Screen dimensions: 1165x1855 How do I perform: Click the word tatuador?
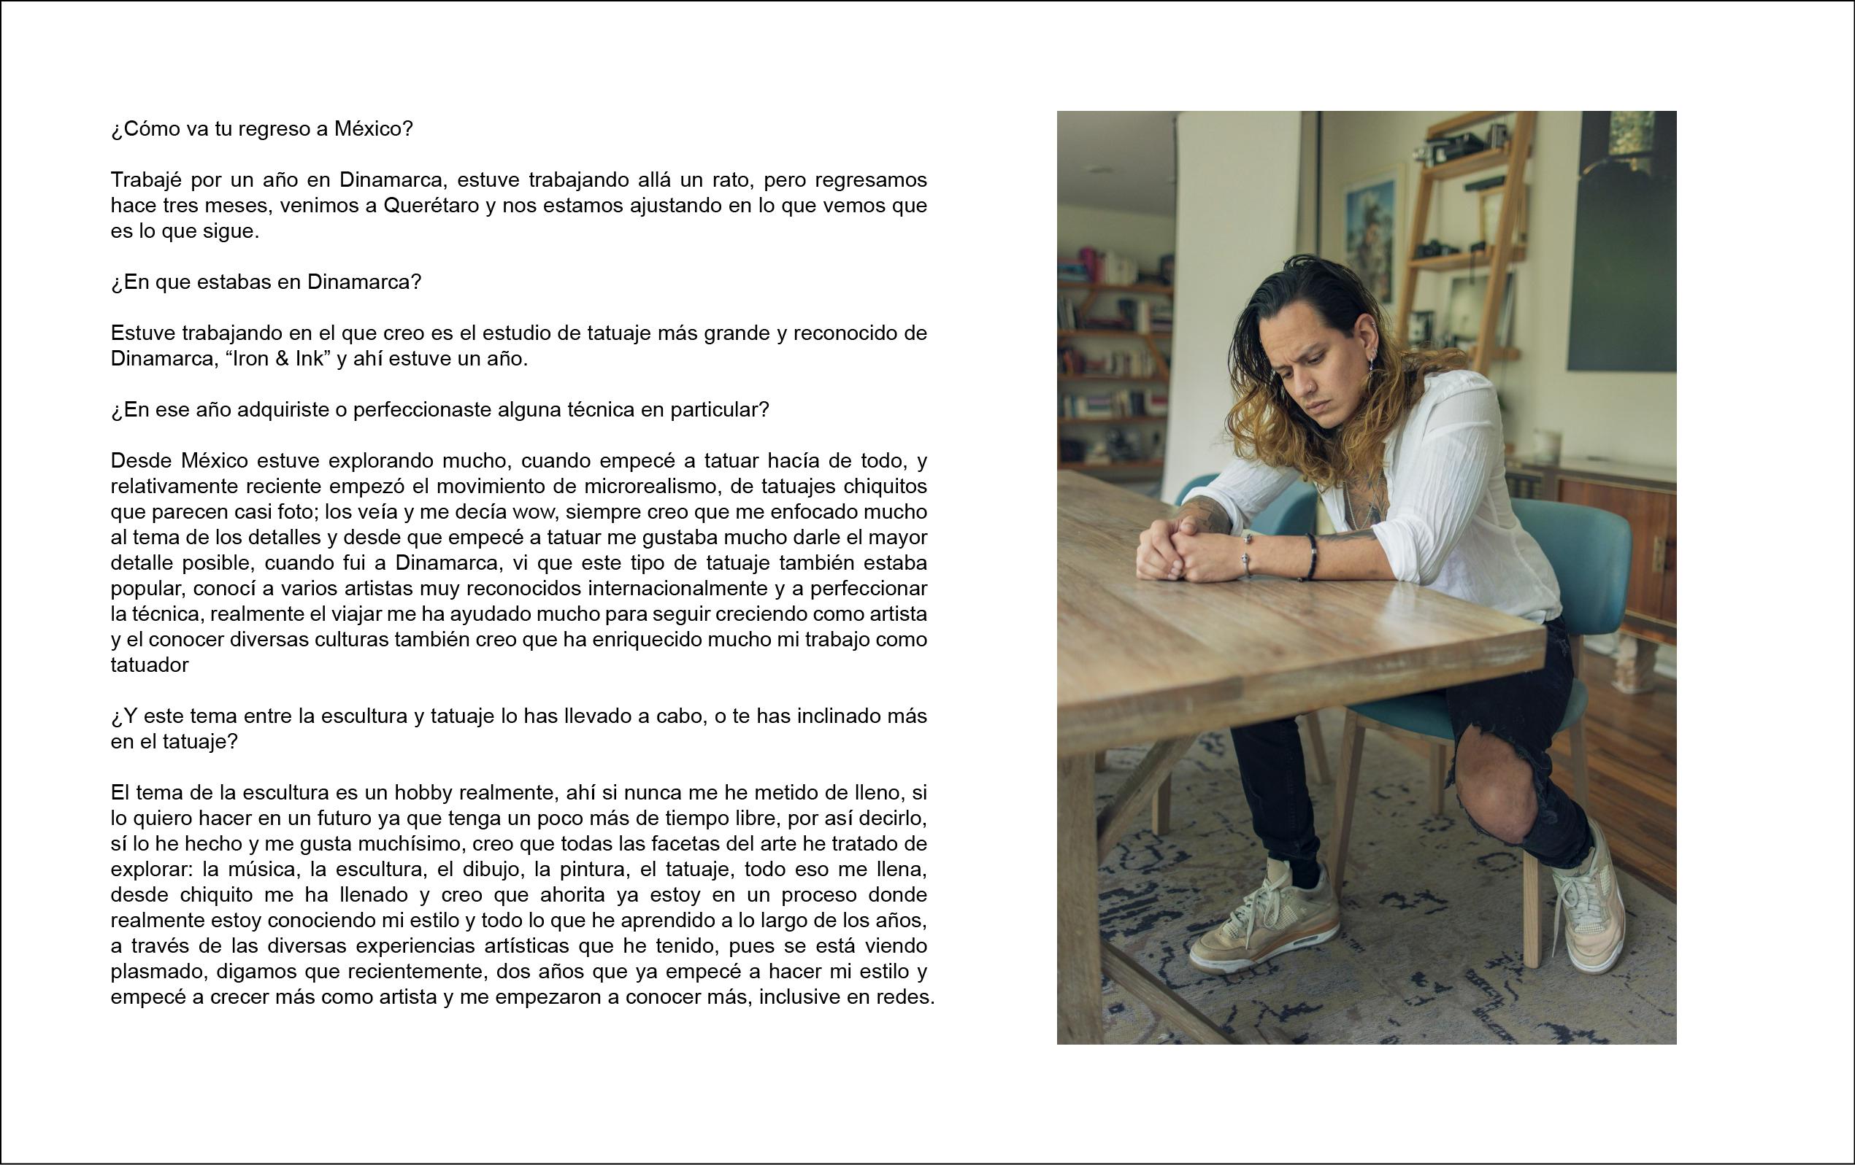tap(150, 665)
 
